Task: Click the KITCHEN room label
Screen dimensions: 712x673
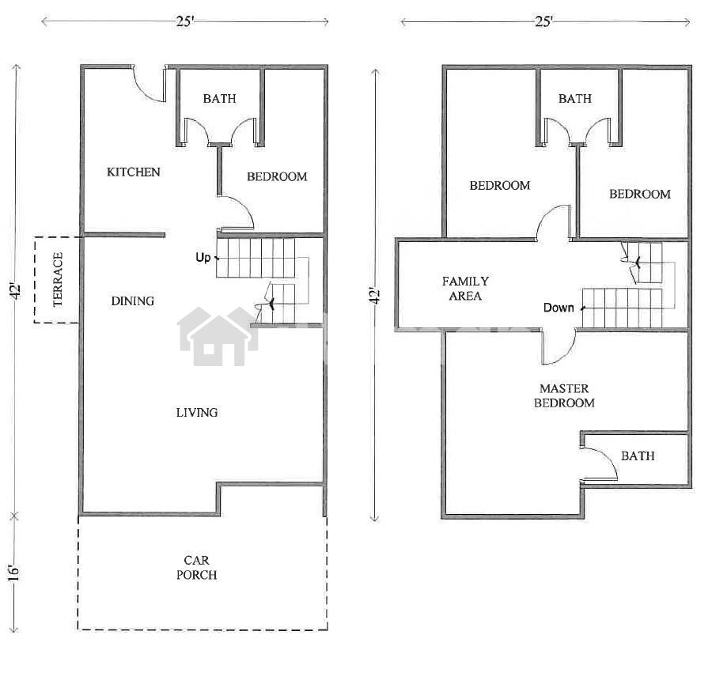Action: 134,172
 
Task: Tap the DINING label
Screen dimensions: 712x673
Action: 133,301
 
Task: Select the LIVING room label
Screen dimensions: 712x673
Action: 197,413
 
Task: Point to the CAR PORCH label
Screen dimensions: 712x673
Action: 197,568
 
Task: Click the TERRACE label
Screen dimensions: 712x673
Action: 58,279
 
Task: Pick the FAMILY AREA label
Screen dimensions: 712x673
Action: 465,289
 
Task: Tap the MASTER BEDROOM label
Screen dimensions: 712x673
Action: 564,395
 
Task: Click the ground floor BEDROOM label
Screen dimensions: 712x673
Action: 277,176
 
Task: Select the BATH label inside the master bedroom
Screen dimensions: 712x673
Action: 638,456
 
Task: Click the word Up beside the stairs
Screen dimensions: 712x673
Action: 203,258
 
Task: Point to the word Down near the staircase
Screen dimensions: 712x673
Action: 559,308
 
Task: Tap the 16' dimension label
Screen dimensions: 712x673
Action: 14,573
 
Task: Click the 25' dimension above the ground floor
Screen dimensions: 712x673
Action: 185,21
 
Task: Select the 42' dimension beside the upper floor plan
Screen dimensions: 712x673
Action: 375,296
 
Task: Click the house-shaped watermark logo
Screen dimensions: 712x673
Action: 218,336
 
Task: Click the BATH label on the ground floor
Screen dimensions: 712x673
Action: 219,99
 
